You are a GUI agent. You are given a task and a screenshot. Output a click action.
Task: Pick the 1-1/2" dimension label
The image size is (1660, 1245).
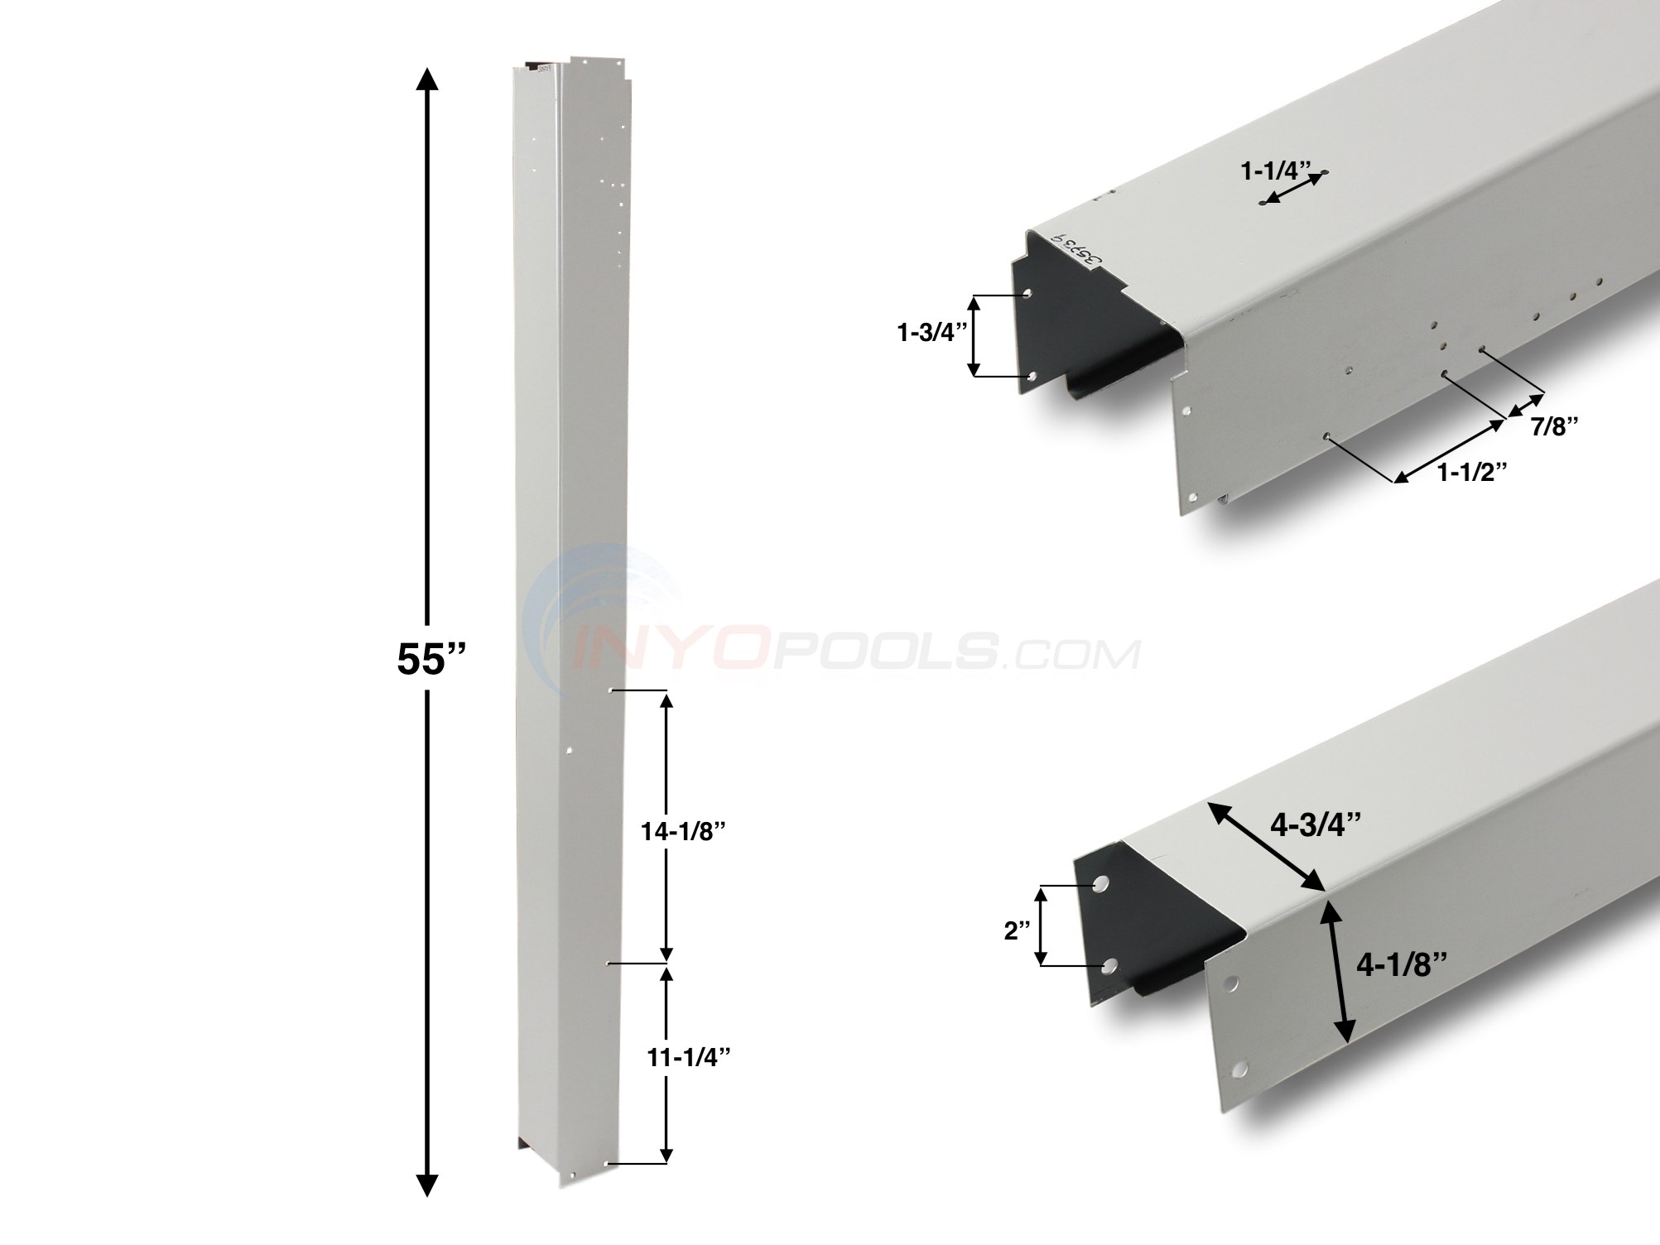tap(1471, 472)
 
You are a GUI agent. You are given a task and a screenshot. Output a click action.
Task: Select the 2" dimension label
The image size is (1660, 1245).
tap(1017, 930)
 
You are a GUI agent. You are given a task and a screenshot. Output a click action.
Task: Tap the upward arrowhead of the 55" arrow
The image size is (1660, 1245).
tap(426, 81)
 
